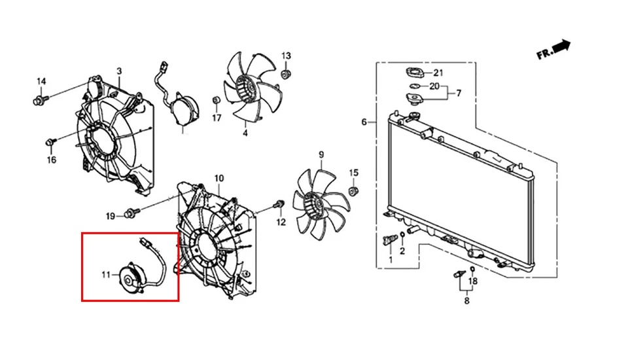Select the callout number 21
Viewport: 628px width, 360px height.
438,72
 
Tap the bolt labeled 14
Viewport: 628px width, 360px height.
39,101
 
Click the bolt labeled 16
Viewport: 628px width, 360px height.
50,142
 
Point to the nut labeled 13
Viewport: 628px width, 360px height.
285,74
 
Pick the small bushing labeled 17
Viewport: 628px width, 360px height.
216,100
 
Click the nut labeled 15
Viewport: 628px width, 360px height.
353,190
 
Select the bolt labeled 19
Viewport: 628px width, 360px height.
133,211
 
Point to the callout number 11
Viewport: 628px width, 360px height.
107,276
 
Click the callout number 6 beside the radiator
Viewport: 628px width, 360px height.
364,122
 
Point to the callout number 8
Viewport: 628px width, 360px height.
466,301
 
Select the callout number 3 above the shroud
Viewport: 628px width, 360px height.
119,71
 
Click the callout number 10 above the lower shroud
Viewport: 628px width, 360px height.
218,178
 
